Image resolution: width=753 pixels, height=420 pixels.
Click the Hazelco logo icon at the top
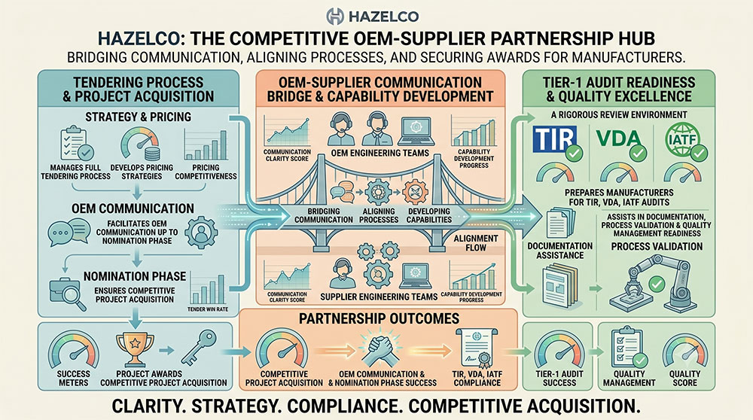335,16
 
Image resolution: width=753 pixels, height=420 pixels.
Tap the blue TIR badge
555,140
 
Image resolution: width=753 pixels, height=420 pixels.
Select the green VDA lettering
618,138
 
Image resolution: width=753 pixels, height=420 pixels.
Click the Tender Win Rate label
208,309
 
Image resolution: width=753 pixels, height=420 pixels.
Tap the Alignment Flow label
475,243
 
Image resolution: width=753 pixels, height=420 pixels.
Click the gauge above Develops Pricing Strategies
140,144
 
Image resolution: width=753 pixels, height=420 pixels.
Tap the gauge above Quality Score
684,351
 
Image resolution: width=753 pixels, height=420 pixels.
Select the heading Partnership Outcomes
379,318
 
